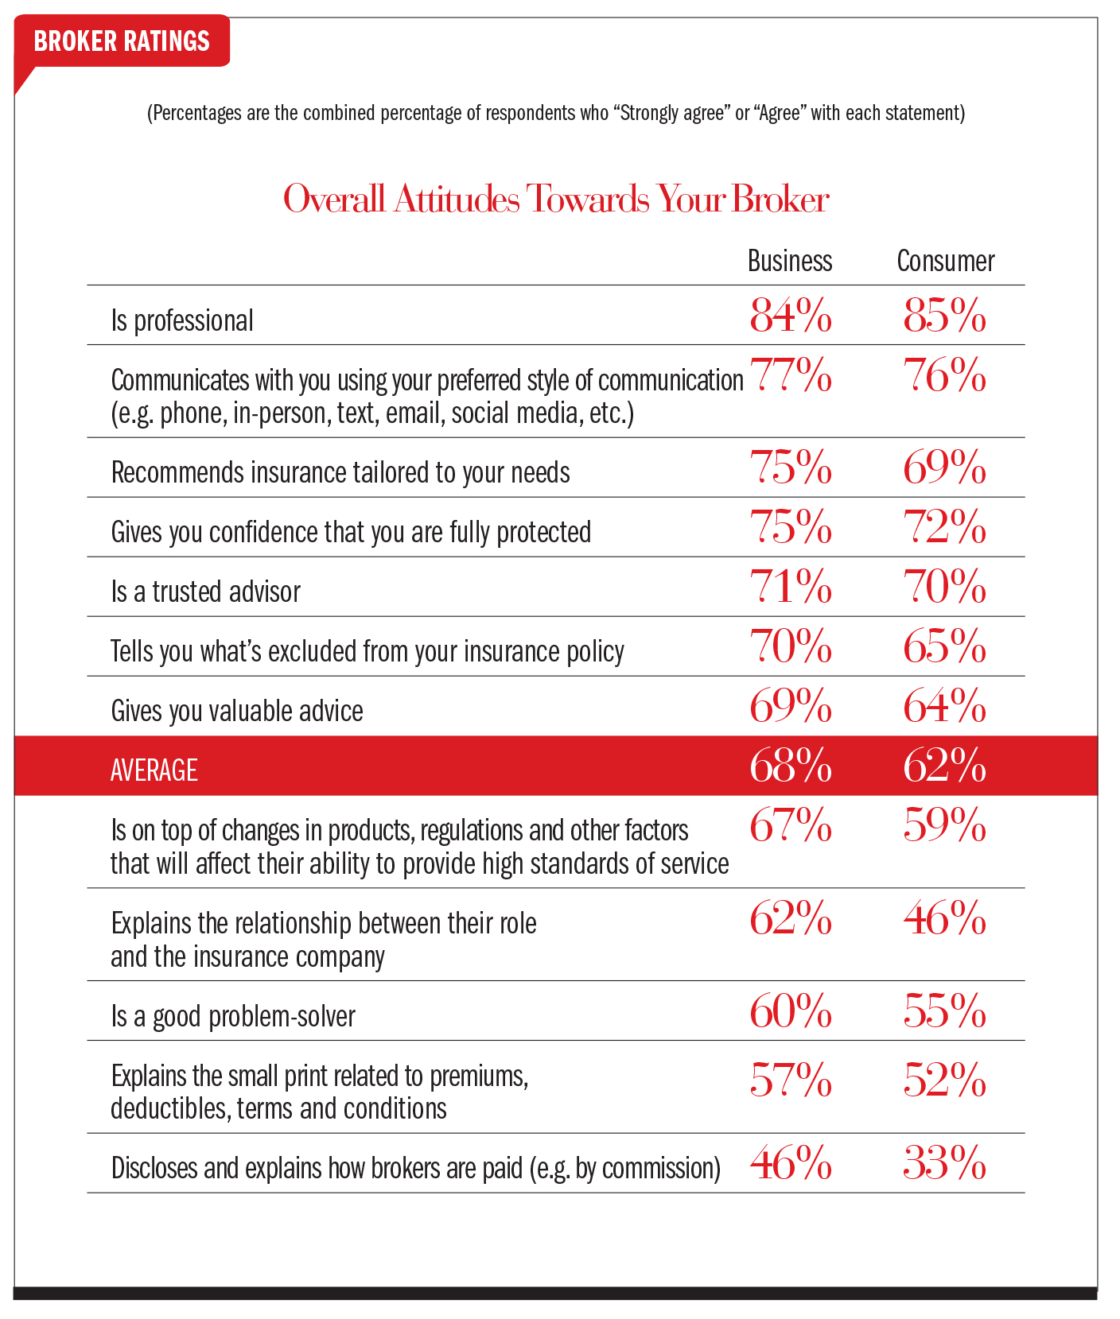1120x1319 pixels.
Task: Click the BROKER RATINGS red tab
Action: [x=122, y=41]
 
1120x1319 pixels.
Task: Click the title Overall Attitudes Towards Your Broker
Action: [x=556, y=199]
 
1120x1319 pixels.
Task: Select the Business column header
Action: [x=790, y=261]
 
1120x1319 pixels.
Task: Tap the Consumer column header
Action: [x=945, y=261]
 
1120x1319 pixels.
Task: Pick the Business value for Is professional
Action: [x=791, y=316]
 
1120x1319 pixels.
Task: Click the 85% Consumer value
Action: [x=944, y=316]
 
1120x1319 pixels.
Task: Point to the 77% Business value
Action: [x=791, y=375]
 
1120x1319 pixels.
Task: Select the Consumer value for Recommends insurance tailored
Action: [x=944, y=467]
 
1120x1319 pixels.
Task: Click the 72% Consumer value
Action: [x=944, y=527]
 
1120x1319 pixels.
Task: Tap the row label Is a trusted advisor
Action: [x=206, y=592]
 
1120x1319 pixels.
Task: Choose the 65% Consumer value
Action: [x=944, y=646]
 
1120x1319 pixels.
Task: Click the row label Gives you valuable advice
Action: [x=237, y=711]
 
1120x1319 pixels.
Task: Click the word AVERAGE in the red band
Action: [x=154, y=770]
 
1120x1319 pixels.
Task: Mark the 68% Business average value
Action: [x=791, y=766]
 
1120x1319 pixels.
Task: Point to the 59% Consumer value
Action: [x=944, y=825]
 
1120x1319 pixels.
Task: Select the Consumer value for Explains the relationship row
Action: [x=944, y=919]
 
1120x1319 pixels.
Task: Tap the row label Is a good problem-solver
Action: [x=233, y=1016]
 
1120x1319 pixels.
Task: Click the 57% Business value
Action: [x=791, y=1080]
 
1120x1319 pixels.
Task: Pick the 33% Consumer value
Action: [x=944, y=1164]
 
